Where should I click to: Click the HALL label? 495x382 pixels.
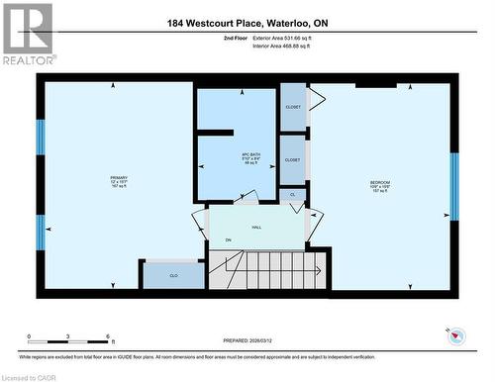click(x=256, y=228)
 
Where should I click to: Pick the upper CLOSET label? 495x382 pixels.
click(x=292, y=106)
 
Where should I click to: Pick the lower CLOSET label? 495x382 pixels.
click(x=292, y=159)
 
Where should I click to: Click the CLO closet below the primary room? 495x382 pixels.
click(x=173, y=275)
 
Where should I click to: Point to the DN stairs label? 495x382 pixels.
click(x=228, y=240)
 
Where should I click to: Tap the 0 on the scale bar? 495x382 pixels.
click(x=29, y=336)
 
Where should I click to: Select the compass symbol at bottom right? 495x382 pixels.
click(x=456, y=336)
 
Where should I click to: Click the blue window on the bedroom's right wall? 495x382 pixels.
click(x=454, y=186)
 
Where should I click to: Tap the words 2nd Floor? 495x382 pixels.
click(x=211, y=37)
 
